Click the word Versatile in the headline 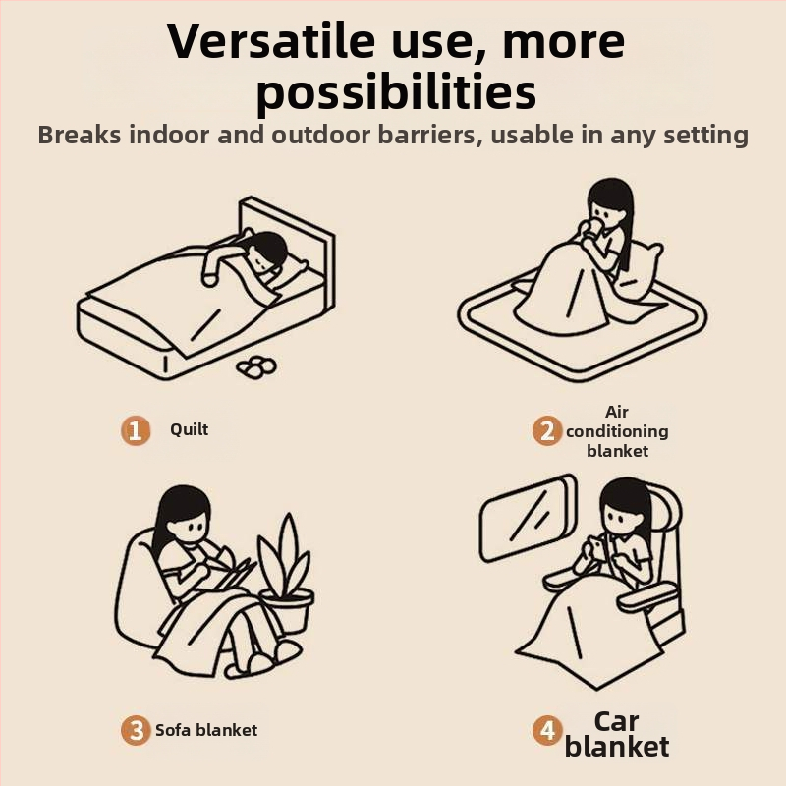point(271,41)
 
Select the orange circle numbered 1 point(136,430)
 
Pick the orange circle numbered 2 point(547,431)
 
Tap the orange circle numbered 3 point(136,730)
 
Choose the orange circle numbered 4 point(547,730)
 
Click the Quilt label point(189,429)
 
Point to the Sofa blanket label point(206,730)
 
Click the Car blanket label point(617,734)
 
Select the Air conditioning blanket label point(617,431)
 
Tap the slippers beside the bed point(256,366)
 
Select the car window point(529,518)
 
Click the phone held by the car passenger point(595,546)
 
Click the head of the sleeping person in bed point(265,253)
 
